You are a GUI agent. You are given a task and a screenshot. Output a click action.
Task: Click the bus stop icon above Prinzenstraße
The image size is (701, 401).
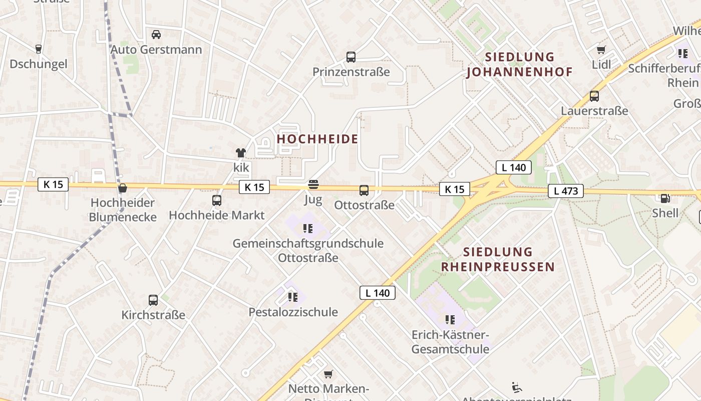pos(351,57)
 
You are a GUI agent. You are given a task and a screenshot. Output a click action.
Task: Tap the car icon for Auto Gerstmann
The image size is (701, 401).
pos(156,35)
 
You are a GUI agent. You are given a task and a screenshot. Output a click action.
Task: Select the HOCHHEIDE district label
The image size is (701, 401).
pos(317,139)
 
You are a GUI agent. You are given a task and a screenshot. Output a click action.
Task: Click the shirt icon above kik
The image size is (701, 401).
pos(241,153)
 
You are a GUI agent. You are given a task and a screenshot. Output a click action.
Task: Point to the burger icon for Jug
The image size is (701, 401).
pos(313,185)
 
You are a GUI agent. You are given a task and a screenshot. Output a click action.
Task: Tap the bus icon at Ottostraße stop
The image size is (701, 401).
pos(364,190)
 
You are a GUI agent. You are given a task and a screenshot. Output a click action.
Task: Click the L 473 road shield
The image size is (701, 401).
pos(566,191)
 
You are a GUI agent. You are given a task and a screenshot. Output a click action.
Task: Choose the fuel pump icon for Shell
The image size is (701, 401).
pos(665,198)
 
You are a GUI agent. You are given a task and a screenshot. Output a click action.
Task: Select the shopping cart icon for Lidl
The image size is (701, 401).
pos(601,50)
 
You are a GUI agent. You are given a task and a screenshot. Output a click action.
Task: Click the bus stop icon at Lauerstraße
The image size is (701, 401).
pos(594,96)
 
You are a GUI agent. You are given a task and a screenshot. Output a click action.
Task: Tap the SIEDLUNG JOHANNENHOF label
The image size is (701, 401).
pos(519,65)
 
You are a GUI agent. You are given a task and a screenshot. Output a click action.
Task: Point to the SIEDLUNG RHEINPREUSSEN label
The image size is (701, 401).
pos(498,259)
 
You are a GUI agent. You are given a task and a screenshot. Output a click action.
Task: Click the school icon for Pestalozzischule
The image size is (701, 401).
pos(293,297)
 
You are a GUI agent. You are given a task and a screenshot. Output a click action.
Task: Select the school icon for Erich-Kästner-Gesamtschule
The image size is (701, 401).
pos(450,319)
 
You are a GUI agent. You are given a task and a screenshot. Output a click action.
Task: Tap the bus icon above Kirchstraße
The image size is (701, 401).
pos(153,300)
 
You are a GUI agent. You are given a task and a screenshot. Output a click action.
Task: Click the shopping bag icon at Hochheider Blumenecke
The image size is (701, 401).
pos(122,188)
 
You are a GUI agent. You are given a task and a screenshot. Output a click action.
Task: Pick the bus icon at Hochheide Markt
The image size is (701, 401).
pos(217,200)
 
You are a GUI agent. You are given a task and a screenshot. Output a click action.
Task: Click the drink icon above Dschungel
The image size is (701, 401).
pos(39,49)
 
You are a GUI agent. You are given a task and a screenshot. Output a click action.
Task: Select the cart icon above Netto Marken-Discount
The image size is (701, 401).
pos(328,374)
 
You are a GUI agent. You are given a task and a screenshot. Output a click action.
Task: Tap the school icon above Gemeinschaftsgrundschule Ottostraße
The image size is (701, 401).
pos(308,229)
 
